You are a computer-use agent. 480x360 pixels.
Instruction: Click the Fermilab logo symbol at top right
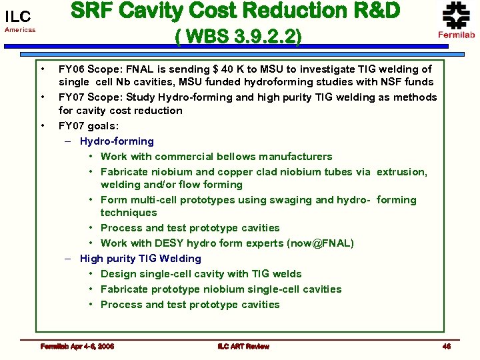(x=456, y=15)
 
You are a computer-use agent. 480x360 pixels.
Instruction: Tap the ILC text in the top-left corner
(x=18, y=16)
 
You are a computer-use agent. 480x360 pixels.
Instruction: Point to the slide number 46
(x=447, y=346)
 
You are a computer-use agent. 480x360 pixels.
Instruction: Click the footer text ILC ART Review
(x=243, y=346)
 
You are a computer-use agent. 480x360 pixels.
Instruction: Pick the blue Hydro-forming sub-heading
(x=117, y=141)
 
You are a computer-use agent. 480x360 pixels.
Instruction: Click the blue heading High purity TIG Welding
(x=140, y=259)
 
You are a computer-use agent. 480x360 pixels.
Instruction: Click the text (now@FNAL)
(x=319, y=243)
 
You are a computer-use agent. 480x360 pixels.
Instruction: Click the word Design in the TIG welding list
(x=119, y=274)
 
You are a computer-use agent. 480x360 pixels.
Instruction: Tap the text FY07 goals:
(x=89, y=126)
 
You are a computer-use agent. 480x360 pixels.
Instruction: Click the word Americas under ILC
(x=19, y=31)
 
